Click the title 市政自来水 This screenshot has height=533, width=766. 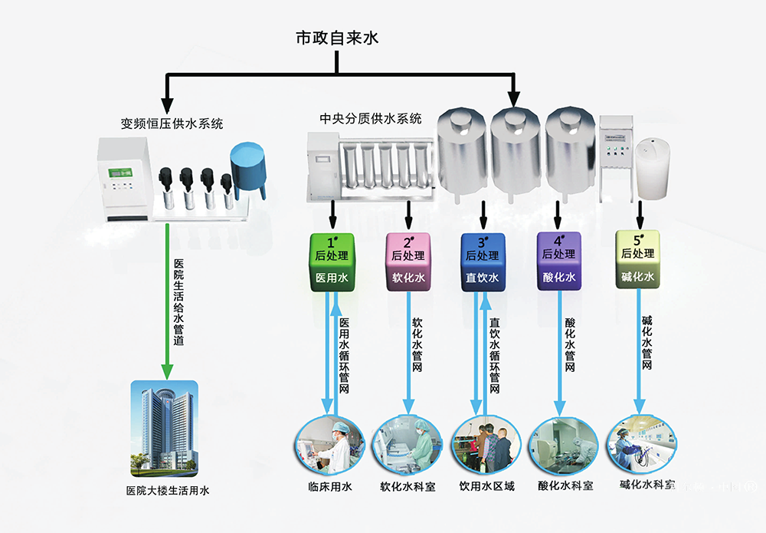coord(337,38)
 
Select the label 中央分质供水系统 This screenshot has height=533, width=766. coord(371,119)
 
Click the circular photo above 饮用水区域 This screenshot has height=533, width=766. coord(483,448)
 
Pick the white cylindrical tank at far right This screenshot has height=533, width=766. coord(655,169)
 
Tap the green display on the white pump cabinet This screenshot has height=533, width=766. coord(118,173)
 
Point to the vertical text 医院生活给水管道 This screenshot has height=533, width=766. coord(178,300)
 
